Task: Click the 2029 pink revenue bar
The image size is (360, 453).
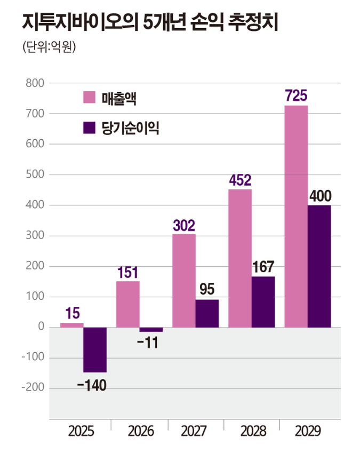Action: (296, 216)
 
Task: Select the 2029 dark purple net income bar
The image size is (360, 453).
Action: (319, 266)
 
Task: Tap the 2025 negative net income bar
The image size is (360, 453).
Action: (95, 349)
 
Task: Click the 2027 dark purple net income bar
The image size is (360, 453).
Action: (207, 313)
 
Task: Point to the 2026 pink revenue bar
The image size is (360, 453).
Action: (128, 304)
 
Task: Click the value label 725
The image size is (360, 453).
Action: (296, 96)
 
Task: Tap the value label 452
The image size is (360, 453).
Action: (239, 180)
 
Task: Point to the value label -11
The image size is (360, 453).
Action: (150, 343)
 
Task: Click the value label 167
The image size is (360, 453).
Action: (262, 267)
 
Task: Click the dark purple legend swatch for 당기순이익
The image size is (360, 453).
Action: (89, 128)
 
